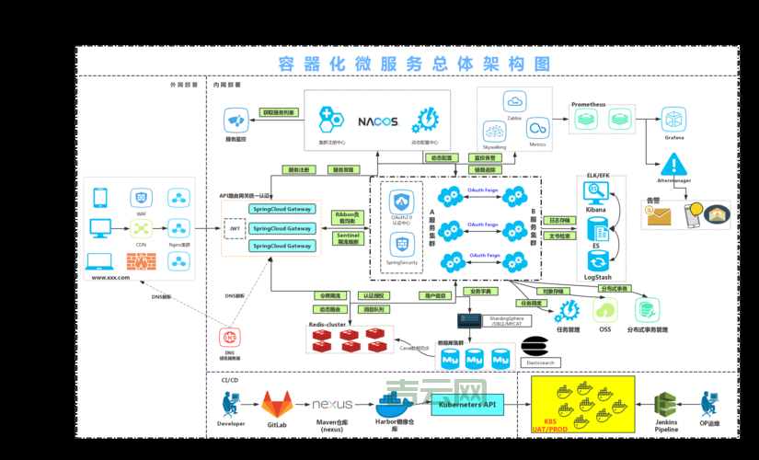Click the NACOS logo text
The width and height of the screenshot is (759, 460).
377,121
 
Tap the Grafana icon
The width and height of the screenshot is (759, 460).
674,119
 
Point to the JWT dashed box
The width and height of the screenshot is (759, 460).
235,227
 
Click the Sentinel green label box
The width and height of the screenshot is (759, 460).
347,237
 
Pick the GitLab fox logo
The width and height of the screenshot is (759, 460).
277,404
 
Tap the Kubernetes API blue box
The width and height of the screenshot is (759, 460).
467,404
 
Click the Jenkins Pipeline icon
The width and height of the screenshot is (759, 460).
666,404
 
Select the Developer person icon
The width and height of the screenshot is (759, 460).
230,404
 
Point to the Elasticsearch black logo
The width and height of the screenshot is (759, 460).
535,346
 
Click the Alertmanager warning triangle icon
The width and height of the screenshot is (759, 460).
674,166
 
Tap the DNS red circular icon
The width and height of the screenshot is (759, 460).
229,339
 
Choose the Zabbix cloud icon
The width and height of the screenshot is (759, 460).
514,102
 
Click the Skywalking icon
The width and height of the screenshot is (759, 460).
494,131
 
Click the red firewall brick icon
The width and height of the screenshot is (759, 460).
141,261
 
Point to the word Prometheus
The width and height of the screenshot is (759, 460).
589,105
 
